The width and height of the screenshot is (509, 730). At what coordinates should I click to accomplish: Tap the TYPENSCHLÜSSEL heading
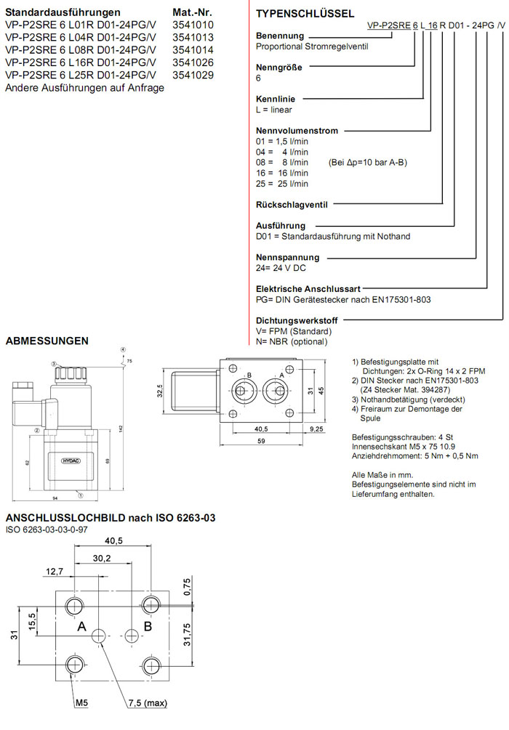click(305, 13)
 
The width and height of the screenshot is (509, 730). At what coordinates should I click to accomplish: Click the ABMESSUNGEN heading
click(47, 340)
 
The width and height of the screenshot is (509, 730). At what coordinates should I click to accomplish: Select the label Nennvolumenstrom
click(297, 131)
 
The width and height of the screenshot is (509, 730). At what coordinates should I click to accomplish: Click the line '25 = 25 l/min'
click(282, 184)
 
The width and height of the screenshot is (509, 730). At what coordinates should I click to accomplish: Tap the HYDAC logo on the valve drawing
click(69, 461)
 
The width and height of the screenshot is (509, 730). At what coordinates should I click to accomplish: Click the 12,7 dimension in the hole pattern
click(54, 571)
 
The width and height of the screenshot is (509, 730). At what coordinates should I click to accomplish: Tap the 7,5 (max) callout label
click(147, 703)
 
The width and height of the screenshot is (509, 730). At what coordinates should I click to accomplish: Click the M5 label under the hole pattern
click(81, 703)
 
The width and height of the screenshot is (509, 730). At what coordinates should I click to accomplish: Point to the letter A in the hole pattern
click(81, 625)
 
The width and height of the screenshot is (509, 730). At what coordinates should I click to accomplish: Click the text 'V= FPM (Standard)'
click(289, 331)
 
